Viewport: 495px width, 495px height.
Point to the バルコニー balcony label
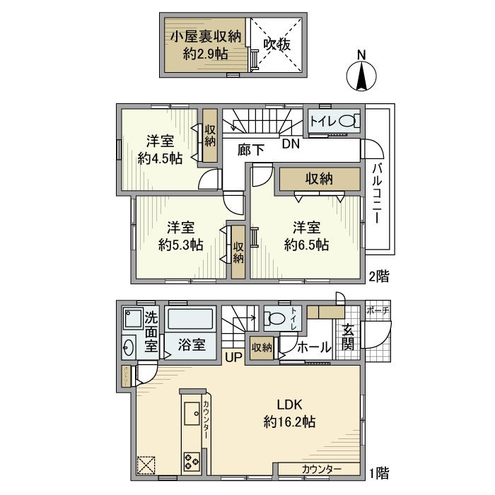pos(377,192)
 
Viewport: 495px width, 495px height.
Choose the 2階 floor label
pos(378,276)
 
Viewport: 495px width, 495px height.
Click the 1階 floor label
pos(378,472)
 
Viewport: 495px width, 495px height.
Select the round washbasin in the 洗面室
pos(129,347)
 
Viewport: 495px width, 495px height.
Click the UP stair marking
pos(233,358)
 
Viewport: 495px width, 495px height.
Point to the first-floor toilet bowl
pos(276,319)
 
